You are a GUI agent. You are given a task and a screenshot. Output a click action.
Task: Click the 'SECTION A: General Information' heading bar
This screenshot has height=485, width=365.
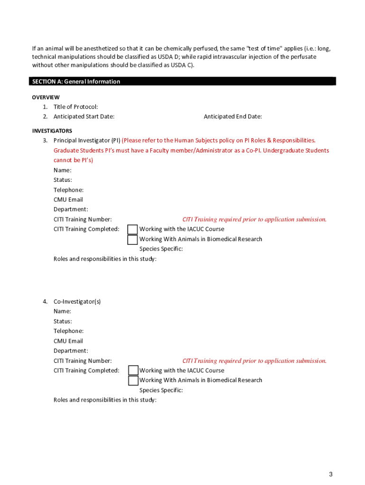tap(182, 81)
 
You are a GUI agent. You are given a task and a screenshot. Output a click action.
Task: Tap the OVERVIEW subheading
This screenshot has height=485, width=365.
tap(46, 97)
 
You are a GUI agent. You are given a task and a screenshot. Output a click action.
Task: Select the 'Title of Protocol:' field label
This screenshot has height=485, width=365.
tap(76, 107)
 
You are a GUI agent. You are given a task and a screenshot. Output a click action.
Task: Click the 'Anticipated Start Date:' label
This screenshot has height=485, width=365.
tap(84, 117)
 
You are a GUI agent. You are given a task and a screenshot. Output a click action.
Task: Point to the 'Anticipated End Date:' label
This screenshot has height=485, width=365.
tap(233, 117)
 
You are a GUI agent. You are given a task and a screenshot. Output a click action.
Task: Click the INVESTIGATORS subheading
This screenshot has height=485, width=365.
tap(52, 130)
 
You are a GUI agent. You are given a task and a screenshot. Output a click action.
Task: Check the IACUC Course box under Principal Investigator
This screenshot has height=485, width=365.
tap(133, 229)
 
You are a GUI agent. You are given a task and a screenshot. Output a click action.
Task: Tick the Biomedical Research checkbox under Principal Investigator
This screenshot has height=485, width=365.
tap(133, 239)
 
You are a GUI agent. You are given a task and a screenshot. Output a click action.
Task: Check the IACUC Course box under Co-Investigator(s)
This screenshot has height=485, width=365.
tap(133, 370)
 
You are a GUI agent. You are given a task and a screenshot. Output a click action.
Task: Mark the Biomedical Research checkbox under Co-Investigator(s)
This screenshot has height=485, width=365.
tap(133, 380)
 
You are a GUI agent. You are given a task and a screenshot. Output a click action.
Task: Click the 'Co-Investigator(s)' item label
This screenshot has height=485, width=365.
tap(77, 301)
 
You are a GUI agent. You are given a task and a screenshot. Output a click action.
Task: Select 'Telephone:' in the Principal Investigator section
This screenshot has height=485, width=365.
tap(69, 190)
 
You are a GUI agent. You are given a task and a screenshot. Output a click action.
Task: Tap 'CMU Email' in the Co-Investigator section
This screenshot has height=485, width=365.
tap(68, 341)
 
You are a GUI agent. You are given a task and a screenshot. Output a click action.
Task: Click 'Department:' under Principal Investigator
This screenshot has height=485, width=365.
tap(71, 209)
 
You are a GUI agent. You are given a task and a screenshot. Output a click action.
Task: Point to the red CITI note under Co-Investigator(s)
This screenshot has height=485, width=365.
tap(255, 361)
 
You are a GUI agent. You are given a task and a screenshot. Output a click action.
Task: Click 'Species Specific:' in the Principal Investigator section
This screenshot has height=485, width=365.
tap(161, 249)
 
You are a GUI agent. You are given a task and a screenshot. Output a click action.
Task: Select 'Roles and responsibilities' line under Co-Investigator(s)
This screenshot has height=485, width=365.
tap(105, 400)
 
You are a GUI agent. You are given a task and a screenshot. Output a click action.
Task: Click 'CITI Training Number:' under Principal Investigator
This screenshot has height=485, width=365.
tap(82, 219)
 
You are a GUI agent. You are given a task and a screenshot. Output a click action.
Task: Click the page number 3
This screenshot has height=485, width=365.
tap(331, 475)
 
